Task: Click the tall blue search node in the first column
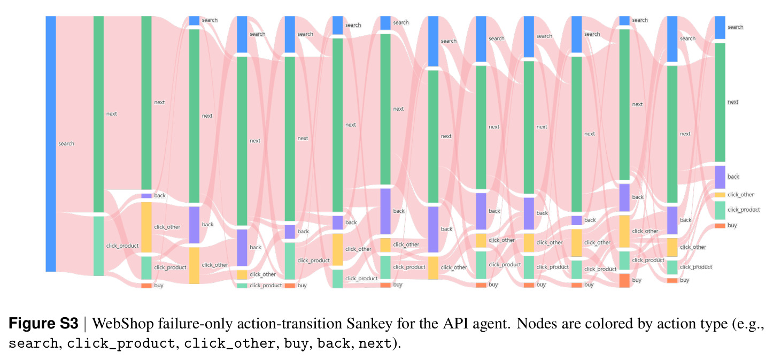(51, 143)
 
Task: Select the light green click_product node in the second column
(99, 246)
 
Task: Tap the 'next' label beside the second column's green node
(112, 114)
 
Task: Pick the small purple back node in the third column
(146, 196)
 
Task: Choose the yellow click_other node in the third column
(146, 227)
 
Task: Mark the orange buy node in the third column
(146, 286)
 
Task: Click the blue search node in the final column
(720, 27)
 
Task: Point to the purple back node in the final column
(720, 177)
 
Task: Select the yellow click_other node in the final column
(720, 195)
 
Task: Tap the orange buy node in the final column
(720, 226)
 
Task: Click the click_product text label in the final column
(744, 210)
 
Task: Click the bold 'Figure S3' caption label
(43, 324)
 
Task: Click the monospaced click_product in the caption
(121, 344)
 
